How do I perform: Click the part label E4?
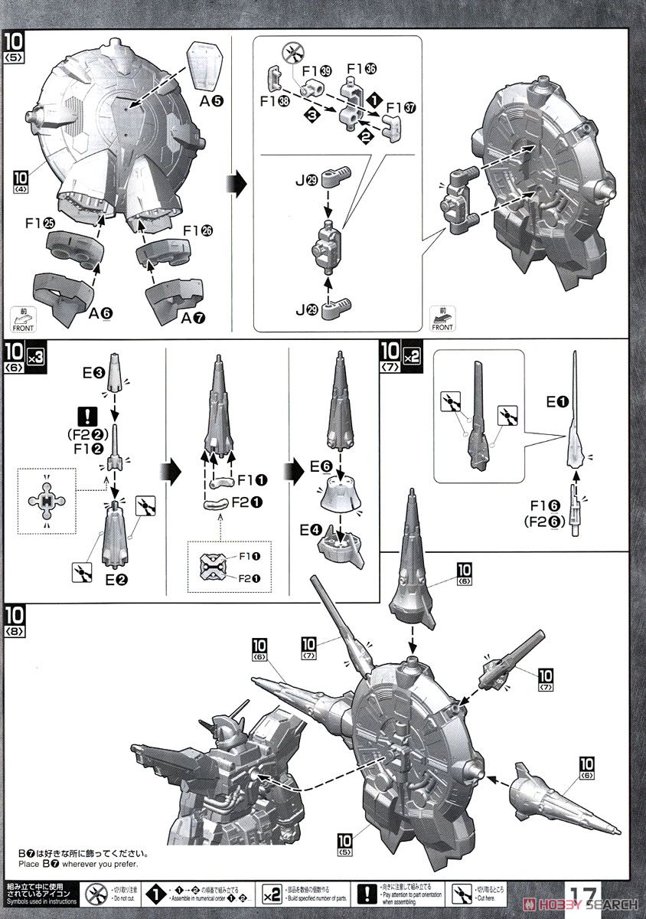(x=309, y=530)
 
